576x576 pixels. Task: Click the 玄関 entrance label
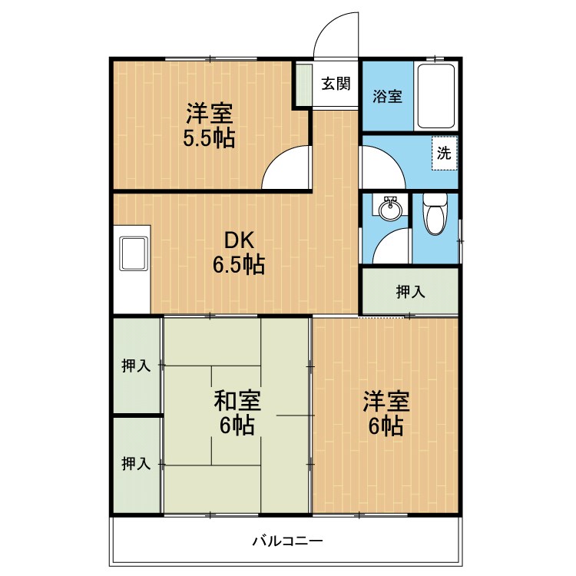click(x=336, y=84)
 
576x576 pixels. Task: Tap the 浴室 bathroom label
click(x=387, y=96)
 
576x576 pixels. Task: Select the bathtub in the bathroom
click(x=436, y=96)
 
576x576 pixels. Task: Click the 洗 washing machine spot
click(x=444, y=153)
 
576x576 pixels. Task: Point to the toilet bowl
click(x=435, y=214)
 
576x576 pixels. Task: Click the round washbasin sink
click(x=390, y=208)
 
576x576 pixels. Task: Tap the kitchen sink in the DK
click(x=134, y=254)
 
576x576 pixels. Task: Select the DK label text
click(x=239, y=241)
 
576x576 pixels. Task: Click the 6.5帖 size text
click(x=239, y=264)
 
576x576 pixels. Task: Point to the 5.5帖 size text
click(x=209, y=138)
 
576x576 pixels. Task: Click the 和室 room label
click(x=237, y=401)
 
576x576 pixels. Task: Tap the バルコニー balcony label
click(x=288, y=541)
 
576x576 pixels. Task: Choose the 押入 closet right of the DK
click(x=410, y=292)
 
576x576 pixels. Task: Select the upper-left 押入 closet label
click(x=136, y=366)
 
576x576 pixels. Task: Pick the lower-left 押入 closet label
click(x=136, y=464)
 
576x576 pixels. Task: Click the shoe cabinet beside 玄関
click(x=304, y=84)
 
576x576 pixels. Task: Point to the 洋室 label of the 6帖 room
click(x=386, y=401)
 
